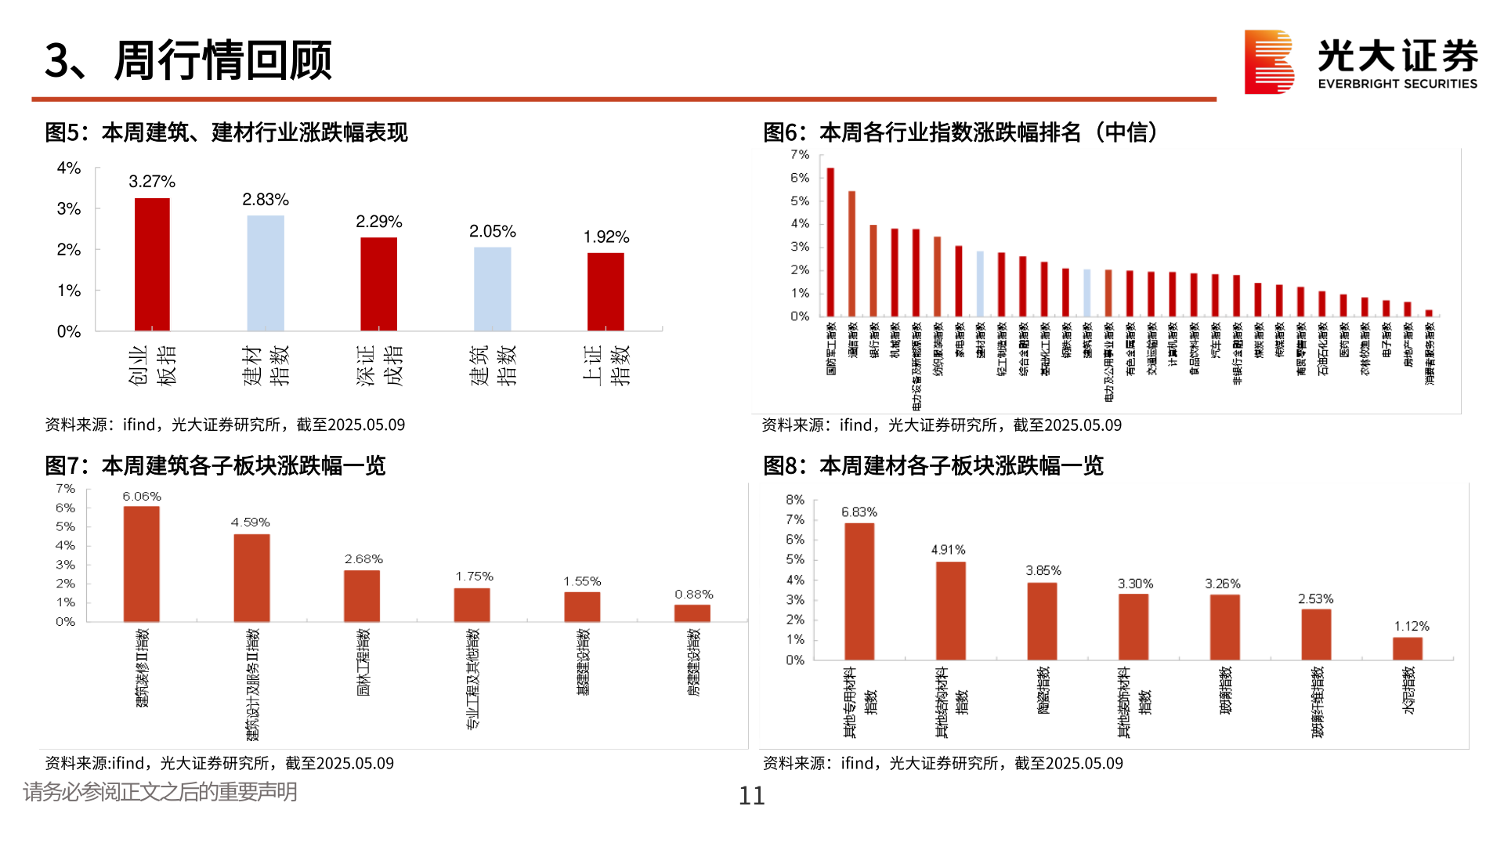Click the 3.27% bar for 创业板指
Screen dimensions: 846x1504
coord(152,264)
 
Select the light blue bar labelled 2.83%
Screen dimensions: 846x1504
coord(266,273)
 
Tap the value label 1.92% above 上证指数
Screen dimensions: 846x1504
coord(606,237)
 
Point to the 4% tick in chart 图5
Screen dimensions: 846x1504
coord(69,168)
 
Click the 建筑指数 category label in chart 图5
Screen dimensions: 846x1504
coord(493,365)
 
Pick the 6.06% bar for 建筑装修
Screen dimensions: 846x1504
coord(142,564)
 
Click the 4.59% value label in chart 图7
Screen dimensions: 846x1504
coord(250,522)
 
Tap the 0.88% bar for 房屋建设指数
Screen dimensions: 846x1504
coord(692,613)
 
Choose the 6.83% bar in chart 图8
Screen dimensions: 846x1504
coord(859,591)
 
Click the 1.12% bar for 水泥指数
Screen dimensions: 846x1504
coord(1407,649)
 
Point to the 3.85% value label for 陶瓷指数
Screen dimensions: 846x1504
coord(1043,570)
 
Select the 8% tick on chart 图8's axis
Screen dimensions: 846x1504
coord(795,500)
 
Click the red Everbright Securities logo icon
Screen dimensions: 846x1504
coord(1269,62)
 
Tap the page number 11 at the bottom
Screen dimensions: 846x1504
coord(751,796)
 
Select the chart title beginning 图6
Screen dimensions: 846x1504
coord(960,132)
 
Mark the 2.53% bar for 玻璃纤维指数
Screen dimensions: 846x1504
coord(1316,634)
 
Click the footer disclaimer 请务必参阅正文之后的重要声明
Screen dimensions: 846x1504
coord(161,792)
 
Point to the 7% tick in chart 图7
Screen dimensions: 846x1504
coord(65,489)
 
